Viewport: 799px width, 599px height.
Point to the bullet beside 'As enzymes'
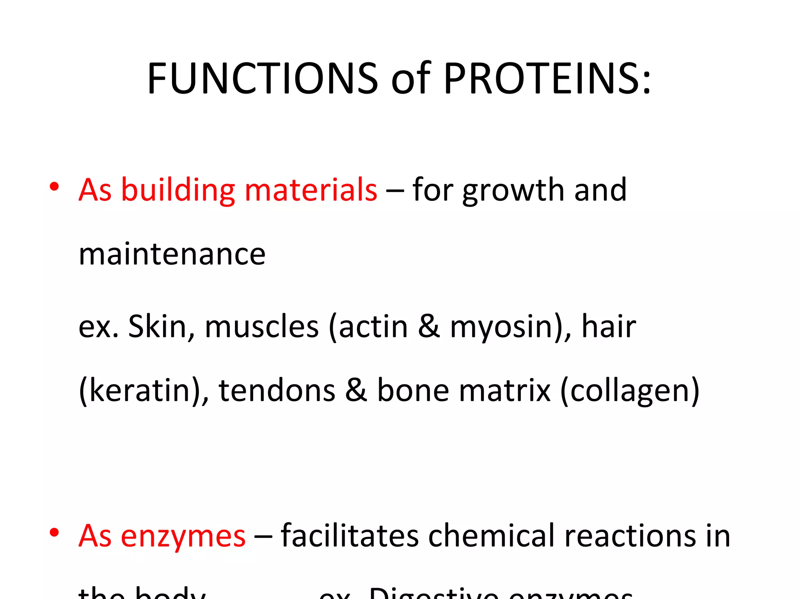pos(54,532)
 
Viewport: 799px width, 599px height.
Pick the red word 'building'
pos(178,190)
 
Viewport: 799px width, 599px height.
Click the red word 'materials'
pos(311,190)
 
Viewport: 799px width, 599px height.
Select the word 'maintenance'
pos(172,254)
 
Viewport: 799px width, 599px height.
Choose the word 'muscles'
pos(261,327)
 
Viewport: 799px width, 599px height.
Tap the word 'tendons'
pos(277,390)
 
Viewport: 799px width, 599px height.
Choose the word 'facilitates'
pos(350,535)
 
